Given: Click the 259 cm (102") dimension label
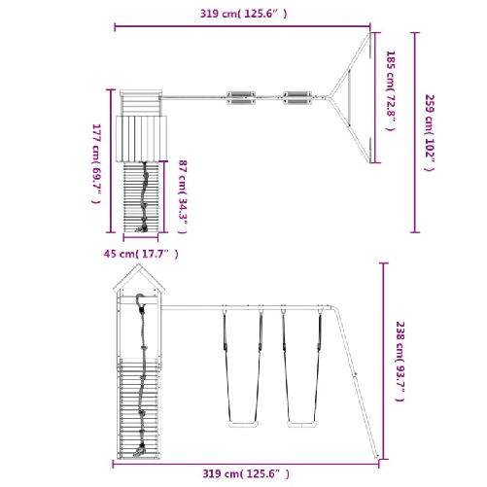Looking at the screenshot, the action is click(430, 133).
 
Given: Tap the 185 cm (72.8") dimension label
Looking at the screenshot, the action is click(391, 90).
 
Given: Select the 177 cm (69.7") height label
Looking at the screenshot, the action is click(96, 163).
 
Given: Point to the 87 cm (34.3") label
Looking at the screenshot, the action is click(183, 196).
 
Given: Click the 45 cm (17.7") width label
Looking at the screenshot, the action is click(141, 254).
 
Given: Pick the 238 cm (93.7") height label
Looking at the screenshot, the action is click(400, 362).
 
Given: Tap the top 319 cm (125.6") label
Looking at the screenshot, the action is click(243, 14).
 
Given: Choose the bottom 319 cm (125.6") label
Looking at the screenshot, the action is click(246, 473).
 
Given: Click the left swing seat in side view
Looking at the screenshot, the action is click(243, 424).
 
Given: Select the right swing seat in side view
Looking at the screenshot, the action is click(302, 424).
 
